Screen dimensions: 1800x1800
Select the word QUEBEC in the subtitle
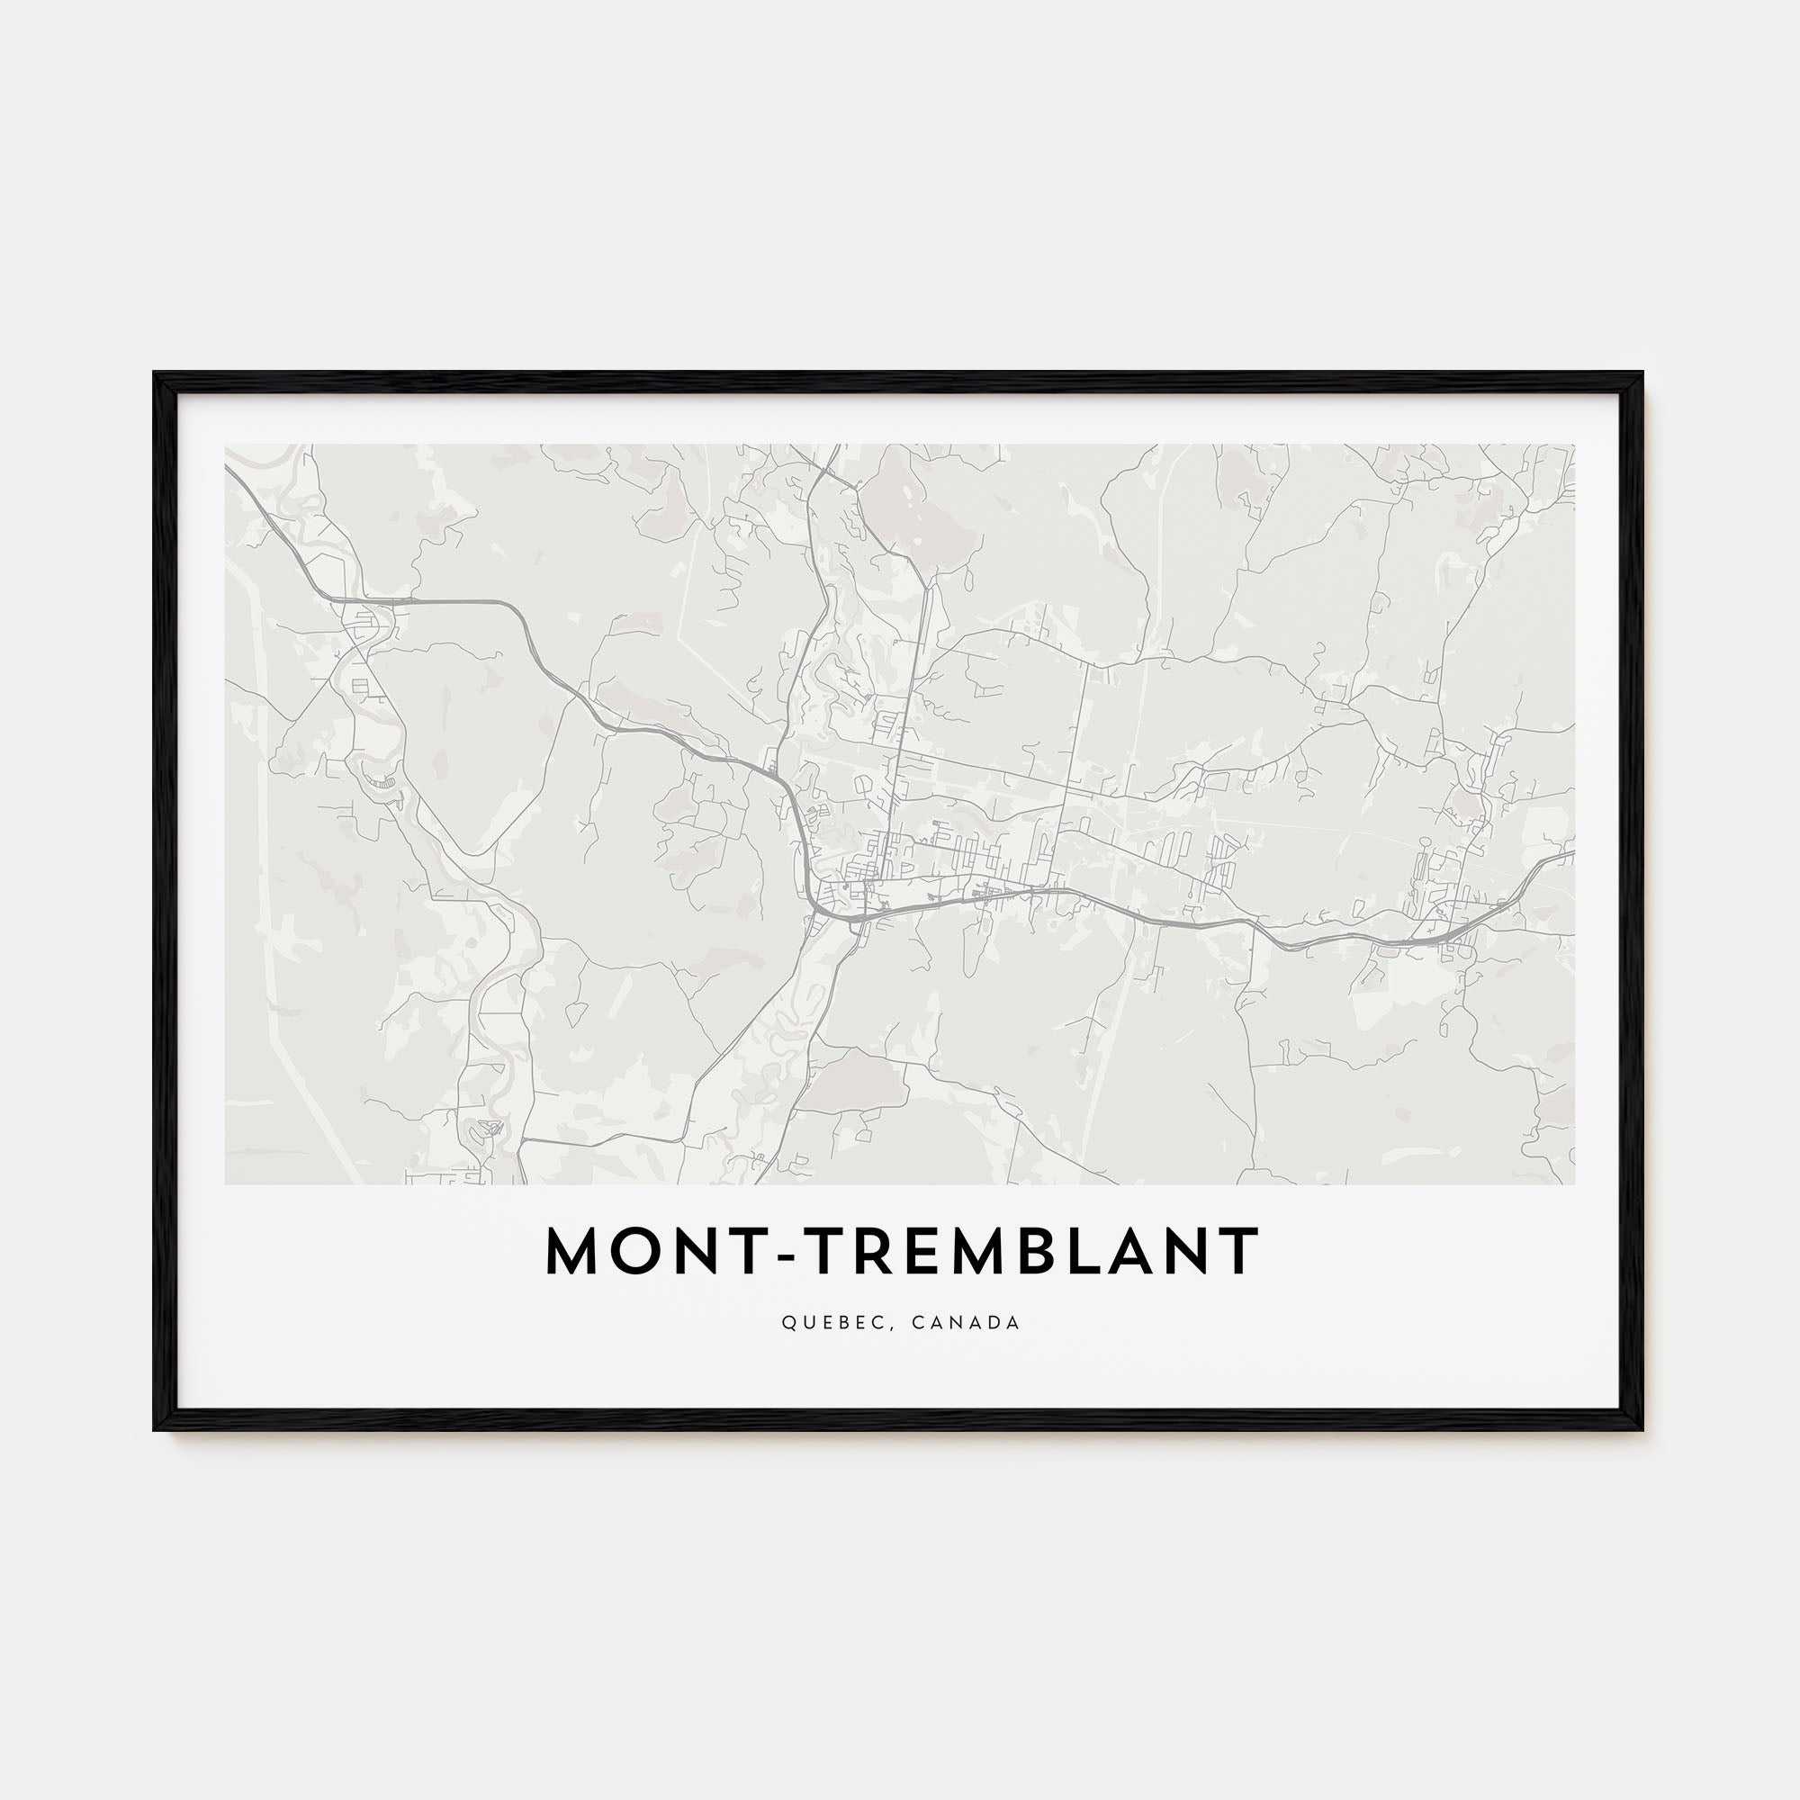click(832, 1323)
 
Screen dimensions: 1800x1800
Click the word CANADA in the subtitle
click(966, 1323)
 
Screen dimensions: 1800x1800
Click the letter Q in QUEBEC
click(787, 1323)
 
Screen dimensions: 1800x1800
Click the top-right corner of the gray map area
click(1574, 445)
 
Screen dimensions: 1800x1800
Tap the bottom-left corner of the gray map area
click(226, 1184)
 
